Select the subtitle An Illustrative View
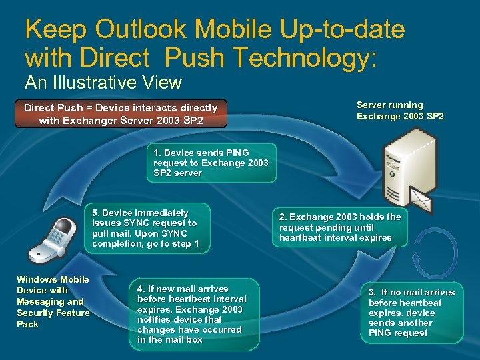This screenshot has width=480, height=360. tap(103, 83)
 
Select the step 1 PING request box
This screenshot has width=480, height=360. tap(211, 163)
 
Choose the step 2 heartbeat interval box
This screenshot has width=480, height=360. tap(340, 227)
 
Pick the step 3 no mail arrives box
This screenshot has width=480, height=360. tap(411, 313)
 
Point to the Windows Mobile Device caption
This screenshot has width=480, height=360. tap(53, 301)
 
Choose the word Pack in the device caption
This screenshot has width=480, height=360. tap(27, 324)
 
